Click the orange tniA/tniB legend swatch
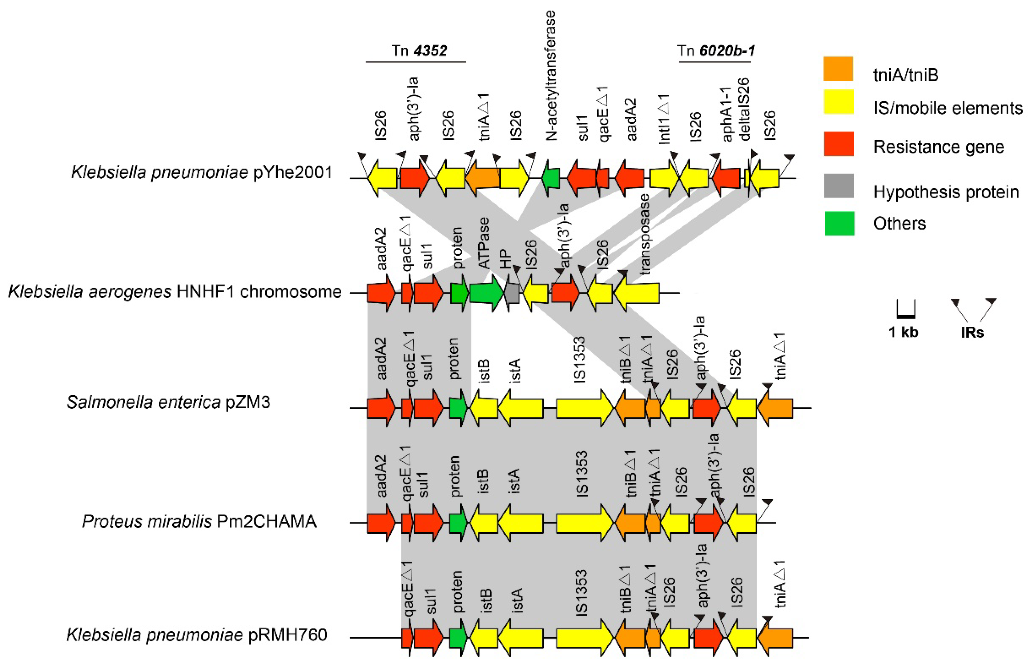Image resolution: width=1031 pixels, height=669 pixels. tap(838, 69)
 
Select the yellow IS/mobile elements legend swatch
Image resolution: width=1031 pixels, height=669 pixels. tap(838, 101)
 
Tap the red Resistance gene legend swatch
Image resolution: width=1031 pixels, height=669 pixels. tap(838, 143)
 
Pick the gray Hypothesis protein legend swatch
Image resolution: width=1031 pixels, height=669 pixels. tap(838, 186)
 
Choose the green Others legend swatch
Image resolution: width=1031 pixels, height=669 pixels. tap(838, 223)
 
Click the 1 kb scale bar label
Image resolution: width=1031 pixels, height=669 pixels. tap(903, 332)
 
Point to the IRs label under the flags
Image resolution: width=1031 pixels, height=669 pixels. tap(972, 332)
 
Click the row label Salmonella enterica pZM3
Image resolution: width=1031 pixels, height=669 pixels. tap(168, 402)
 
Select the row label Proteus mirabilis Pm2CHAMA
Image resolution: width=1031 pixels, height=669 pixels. tap(199, 521)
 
